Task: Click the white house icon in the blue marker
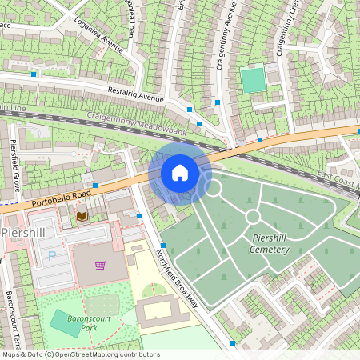180,172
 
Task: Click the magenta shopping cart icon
101,265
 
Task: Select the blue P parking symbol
53,256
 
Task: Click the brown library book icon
81,216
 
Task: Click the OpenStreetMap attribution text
80,354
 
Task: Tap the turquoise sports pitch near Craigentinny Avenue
253,80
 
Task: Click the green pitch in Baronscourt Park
66,322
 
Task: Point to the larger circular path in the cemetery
213,188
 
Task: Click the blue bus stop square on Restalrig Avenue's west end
34,74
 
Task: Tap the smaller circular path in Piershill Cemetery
253,217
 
